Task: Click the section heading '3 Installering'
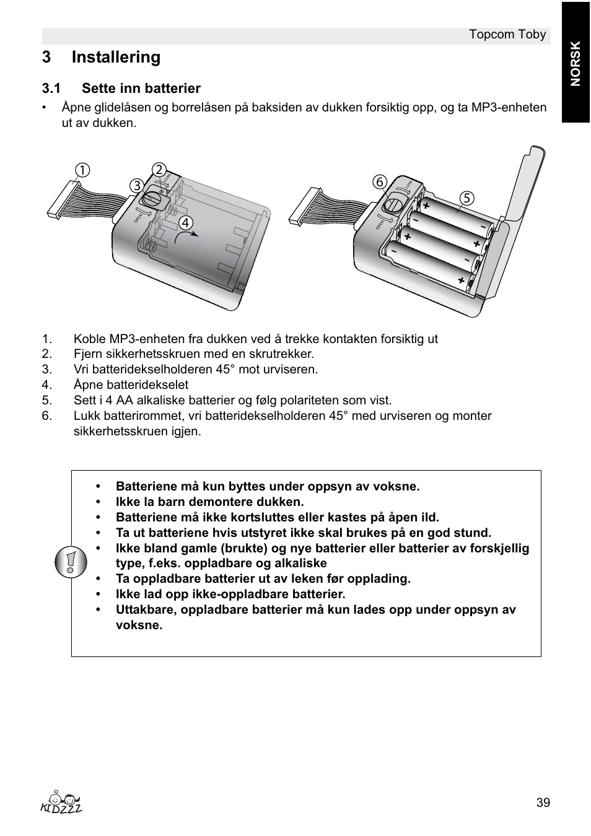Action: coord(101,57)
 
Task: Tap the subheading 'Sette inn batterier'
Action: coord(141,88)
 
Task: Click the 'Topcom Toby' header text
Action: coord(507,34)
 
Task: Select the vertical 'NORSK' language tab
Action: coord(576,63)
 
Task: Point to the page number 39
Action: coord(543,803)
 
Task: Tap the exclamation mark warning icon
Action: coord(71,563)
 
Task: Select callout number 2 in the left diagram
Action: coord(159,170)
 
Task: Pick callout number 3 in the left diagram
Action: coord(136,185)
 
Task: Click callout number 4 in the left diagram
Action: coord(185,222)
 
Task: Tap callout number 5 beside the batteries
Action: coord(466,198)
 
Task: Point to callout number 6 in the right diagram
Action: coord(379,181)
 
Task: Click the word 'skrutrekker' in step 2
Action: coord(285,354)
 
